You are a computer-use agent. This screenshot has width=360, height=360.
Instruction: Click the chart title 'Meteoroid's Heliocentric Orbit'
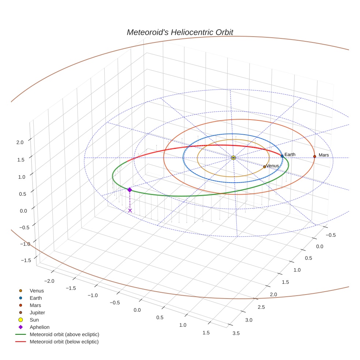180,32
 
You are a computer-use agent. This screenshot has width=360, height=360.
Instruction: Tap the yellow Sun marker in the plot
233,158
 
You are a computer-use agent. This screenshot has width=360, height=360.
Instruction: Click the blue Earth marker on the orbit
282,156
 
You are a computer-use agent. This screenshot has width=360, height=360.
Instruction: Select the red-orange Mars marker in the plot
315,157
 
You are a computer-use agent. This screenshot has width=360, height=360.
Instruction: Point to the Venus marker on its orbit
265,167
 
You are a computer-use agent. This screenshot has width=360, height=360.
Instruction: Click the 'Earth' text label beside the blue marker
290,154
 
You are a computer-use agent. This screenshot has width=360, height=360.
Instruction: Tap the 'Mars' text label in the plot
324,155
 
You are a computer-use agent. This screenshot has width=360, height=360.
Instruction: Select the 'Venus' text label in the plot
273,166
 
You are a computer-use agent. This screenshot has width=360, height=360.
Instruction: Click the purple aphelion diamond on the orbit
130,190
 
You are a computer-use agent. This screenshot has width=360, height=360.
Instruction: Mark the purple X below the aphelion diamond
130,210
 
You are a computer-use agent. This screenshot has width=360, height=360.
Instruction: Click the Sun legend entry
34,320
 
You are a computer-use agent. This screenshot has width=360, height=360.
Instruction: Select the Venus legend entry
37,290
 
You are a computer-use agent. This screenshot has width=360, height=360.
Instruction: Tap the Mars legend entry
35,305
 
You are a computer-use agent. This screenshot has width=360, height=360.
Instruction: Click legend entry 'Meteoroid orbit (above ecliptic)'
64,334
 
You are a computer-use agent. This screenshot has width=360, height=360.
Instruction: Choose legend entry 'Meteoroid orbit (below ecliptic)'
64,342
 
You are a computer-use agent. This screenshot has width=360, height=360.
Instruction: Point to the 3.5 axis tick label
236,333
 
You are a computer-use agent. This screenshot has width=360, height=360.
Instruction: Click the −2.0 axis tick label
49,281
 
